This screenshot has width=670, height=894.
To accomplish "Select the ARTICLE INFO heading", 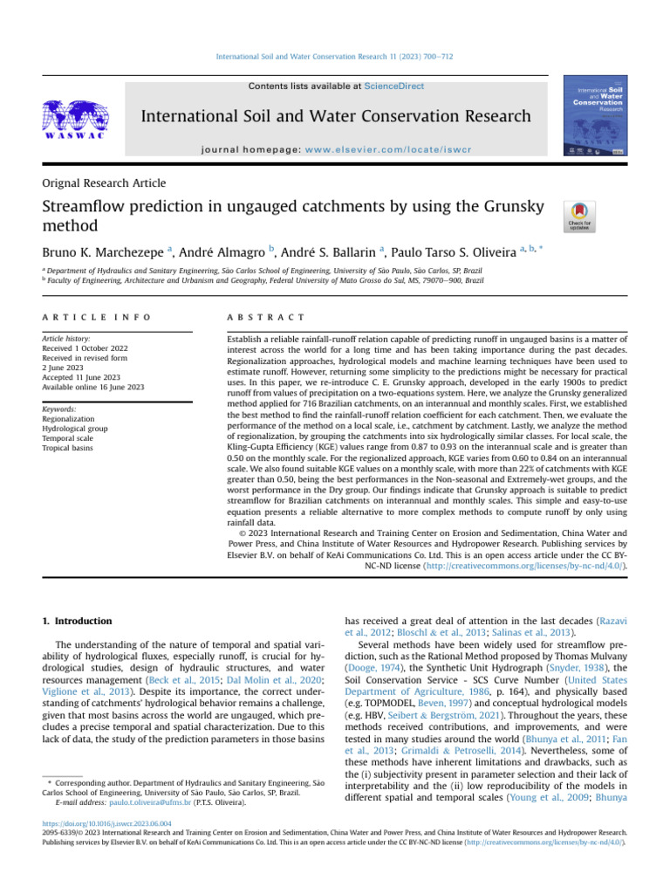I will pos(96,316).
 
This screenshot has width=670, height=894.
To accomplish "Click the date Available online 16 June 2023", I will pos(93,387).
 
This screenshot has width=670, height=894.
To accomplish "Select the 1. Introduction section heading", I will pos(78,621).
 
